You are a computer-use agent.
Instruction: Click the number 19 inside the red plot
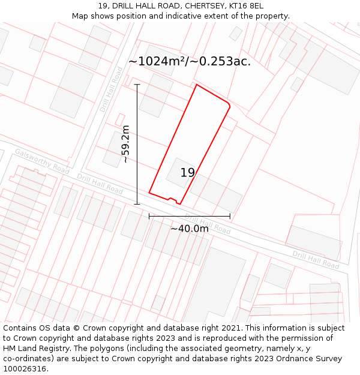[x=188, y=173]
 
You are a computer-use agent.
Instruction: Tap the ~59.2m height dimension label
[x=125, y=144]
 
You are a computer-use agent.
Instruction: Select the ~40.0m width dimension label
[x=190, y=229]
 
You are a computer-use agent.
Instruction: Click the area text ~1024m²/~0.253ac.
[x=190, y=61]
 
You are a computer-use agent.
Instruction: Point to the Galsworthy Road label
[x=42, y=161]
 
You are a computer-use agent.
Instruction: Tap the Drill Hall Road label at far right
[x=316, y=259]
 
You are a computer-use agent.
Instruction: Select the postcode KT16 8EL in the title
[x=246, y=6]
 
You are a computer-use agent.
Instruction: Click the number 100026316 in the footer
[x=25, y=369]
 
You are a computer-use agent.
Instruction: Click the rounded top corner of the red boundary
[x=228, y=106]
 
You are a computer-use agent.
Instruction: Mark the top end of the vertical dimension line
[x=137, y=85]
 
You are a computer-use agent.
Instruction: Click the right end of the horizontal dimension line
[x=230, y=216]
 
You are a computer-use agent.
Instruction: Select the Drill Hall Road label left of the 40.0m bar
[x=100, y=184]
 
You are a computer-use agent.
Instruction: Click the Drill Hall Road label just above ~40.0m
[x=208, y=224]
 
